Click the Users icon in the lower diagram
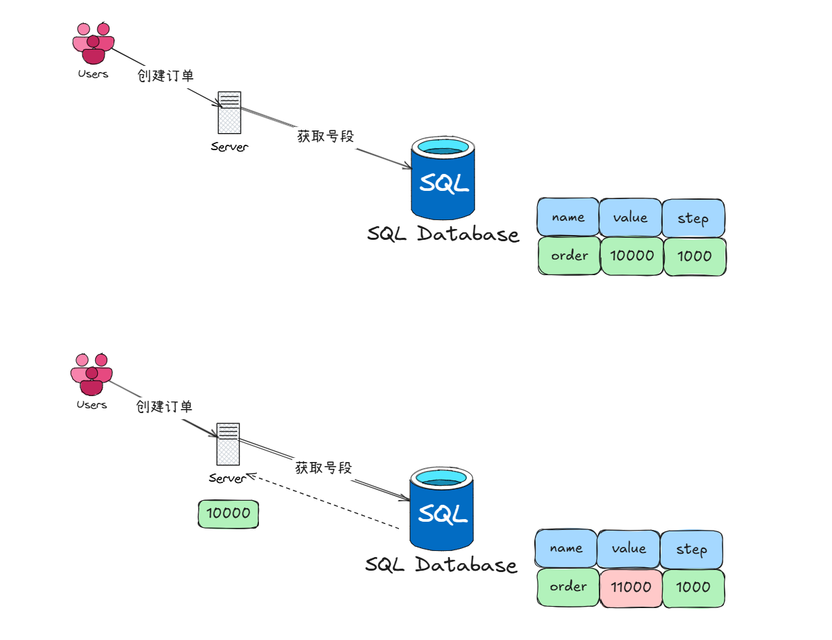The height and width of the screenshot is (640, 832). click(92, 374)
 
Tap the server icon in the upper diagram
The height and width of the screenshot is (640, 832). click(229, 112)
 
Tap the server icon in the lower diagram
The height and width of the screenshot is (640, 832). click(228, 443)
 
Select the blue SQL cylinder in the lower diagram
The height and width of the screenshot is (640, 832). click(441, 509)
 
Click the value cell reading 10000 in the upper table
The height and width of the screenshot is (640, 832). click(631, 256)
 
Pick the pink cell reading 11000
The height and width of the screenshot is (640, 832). click(630, 587)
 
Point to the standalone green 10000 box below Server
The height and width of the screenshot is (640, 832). click(228, 514)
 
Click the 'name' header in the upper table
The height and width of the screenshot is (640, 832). click(568, 217)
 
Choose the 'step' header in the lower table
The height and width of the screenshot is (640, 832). click(691, 549)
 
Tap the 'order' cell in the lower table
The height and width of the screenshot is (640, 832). click(567, 587)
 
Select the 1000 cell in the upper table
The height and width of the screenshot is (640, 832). click(694, 256)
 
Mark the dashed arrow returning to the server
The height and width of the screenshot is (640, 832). click(323, 500)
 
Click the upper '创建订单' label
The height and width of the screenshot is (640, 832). click(166, 75)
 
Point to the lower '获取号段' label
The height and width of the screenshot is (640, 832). click(324, 467)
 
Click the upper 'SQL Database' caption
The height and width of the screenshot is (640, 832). click(443, 234)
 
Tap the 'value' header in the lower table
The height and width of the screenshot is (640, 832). click(629, 548)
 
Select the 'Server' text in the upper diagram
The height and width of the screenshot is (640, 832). click(229, 147)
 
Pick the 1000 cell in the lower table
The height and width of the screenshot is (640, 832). click(693, 587)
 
